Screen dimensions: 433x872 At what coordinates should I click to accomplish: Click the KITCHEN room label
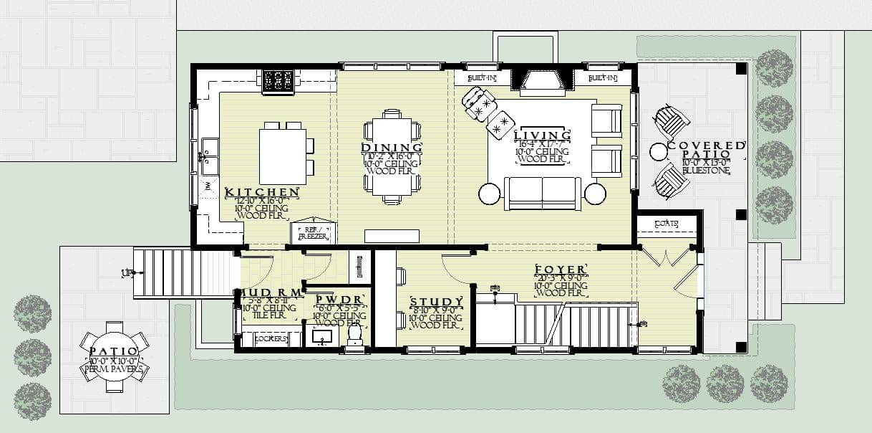pyautogui.click(x=261, y=193)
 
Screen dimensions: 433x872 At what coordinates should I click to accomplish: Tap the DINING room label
pyautogui.click(x=391, y=148)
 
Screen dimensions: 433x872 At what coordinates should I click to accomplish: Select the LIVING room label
pyautogui.click(x=543, y=135)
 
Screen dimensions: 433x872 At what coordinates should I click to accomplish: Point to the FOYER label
pyautogui.click(x=561, y=270)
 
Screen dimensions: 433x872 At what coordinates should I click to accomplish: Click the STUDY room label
pyautogui.click(x=436, y=302)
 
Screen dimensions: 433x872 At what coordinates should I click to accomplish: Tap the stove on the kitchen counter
pyautogui.click(x=278, y=80)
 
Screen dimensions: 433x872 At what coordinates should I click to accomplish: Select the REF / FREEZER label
pyautogui.click(x=312, y=232)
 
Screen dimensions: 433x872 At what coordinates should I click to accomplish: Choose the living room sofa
pyautogui.click(x=542, y=194)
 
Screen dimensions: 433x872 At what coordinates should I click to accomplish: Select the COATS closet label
pyautogui.click(x=667, y=224)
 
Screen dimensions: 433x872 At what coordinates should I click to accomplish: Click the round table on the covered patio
pyautogui.click(x=658, y=151)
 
